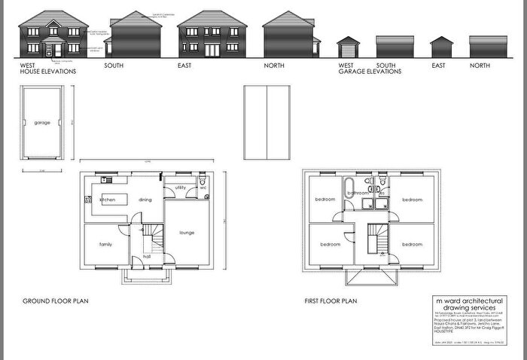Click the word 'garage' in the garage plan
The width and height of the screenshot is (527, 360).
tap(42, 121)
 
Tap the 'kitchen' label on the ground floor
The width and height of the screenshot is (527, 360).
tap(108, 200)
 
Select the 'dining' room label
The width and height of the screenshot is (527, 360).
tap(145, 200)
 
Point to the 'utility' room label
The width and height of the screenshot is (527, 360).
tap(181, 187)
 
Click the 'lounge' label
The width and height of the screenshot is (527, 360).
tap(187, 233)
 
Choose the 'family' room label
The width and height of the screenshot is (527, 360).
tap(105, 245)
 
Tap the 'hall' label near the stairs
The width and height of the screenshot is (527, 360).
tap(137, 256)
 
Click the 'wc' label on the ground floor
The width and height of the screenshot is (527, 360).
tap(203, 188)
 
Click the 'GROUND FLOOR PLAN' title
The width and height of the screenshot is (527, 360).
tap(56, 301)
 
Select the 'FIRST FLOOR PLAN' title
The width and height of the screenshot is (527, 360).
tap(331, 301)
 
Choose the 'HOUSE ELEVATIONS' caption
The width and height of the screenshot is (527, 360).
tap(48, 72)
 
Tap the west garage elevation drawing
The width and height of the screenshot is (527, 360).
tap(349, 47)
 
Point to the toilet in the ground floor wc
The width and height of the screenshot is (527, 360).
tap(203, 182)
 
